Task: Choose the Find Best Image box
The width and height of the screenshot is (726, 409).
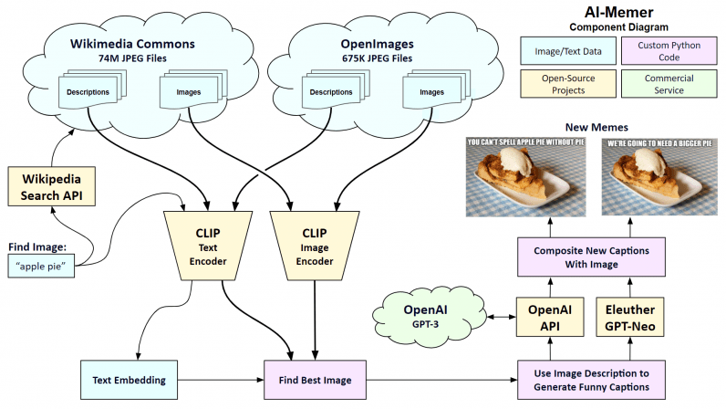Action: coord(316,377)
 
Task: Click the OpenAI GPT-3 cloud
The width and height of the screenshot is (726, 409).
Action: coord(424,315)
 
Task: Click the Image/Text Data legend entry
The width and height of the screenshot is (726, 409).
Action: coord(555,51)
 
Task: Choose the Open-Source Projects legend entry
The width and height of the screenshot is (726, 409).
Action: coord(555,85)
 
